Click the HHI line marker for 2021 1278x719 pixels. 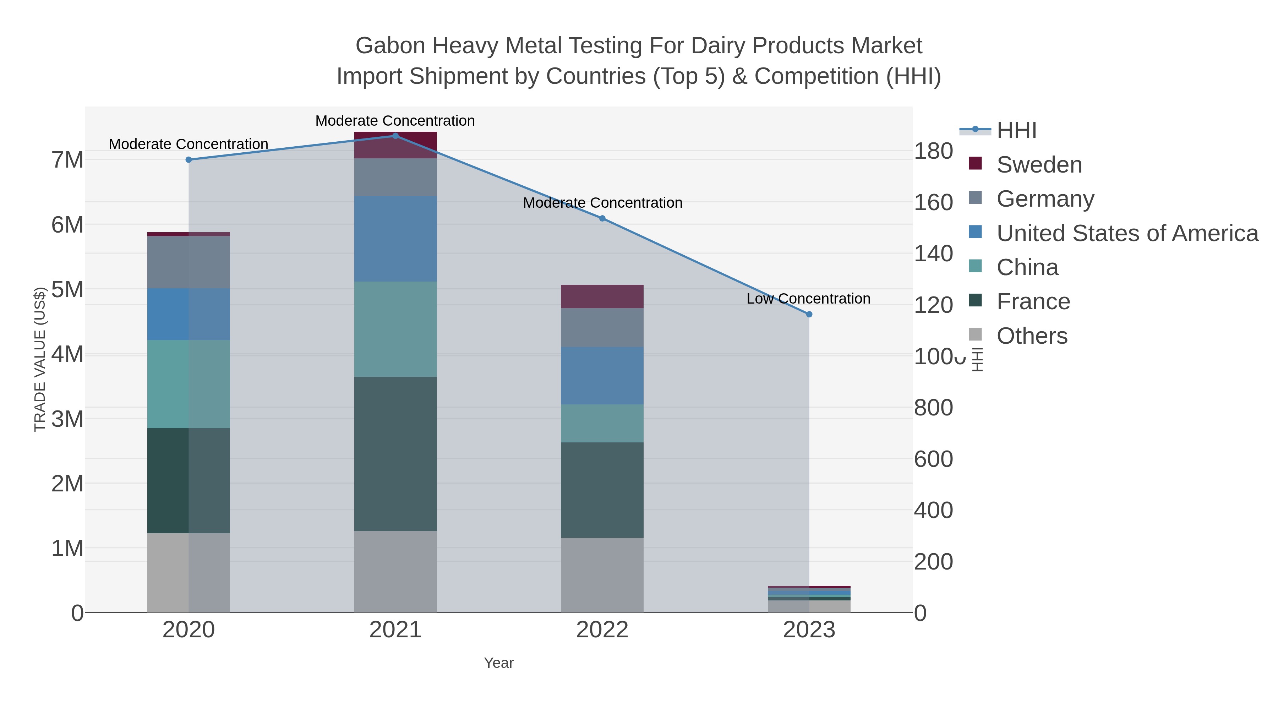point(395,136)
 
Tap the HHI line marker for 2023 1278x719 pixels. point(809,314)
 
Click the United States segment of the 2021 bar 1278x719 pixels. point(395,238)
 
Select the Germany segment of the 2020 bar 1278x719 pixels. point(189,262)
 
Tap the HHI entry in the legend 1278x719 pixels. point(1016,131)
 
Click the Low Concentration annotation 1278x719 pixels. point(808,298)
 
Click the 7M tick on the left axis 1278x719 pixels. point(67,160)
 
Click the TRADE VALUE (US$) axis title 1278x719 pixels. point(40,359)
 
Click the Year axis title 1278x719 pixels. point(499,663)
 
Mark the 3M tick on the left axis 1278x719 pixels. point(67,419)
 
